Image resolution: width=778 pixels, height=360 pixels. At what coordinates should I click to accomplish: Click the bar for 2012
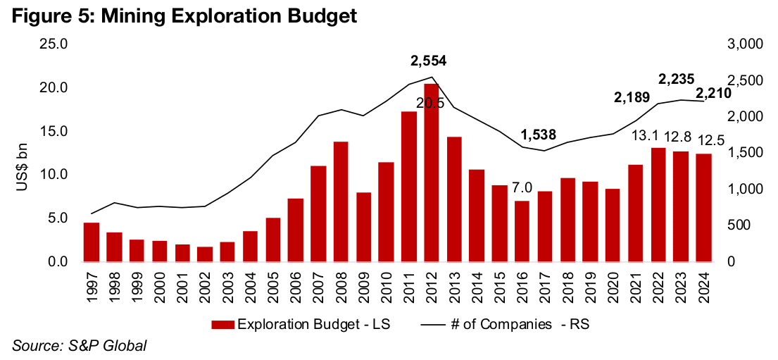click(432, 173)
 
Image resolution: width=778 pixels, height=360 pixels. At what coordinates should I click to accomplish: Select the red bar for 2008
click(341, 201)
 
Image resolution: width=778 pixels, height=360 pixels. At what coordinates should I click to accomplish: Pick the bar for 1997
click(92, 242)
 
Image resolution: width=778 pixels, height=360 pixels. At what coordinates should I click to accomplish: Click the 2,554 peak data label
click(429, 61)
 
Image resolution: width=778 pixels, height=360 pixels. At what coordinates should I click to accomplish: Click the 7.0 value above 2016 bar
click(522, 189)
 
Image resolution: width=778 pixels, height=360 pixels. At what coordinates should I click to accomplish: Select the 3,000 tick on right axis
click(740, 44)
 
